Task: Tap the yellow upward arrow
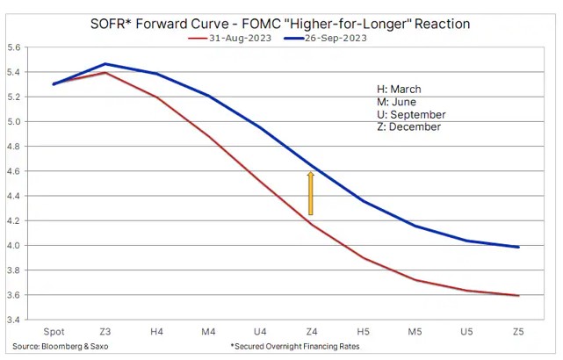coord(311,193)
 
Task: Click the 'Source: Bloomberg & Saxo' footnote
coord(65,348)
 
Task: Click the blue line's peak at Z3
coord(105,64)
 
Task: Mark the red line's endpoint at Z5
coord(517,295)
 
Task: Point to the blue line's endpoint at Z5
coord(517,247)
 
